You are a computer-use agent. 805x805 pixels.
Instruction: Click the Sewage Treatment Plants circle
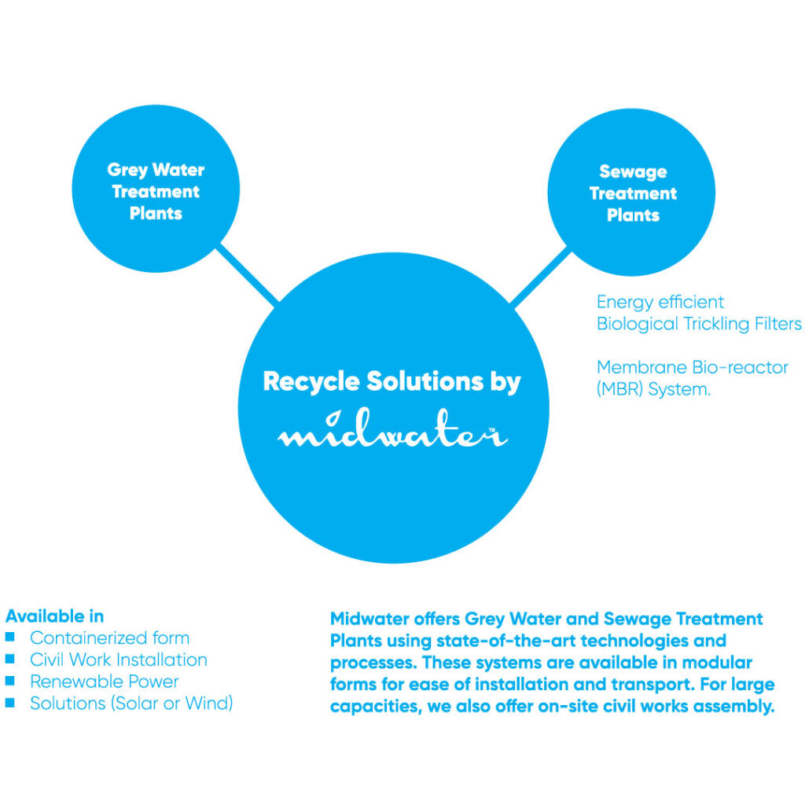(x=632, y=193)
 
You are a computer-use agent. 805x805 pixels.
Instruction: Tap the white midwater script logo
(x=392, y=434)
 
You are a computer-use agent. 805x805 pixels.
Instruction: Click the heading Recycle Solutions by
(x=391, y=382)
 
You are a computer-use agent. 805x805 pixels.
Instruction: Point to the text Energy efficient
(x=660, y=302)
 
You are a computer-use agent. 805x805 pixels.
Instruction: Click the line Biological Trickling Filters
(x=698, y=324)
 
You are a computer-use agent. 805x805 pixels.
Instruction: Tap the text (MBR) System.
(x=653, y=389)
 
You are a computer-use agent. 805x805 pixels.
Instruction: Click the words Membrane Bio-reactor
(x=692, y=367)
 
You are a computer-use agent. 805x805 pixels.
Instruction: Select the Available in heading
(x=54, y=616)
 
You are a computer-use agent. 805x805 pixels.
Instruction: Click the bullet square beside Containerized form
(x=10, y=638)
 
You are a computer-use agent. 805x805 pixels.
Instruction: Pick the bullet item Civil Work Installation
(x=119, y=660)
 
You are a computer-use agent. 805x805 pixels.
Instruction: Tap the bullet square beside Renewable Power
(x=10, y=682)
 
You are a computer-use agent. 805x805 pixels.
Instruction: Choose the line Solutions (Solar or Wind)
(x=131, y=704)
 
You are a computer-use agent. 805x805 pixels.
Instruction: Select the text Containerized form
(x=109, y=638)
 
